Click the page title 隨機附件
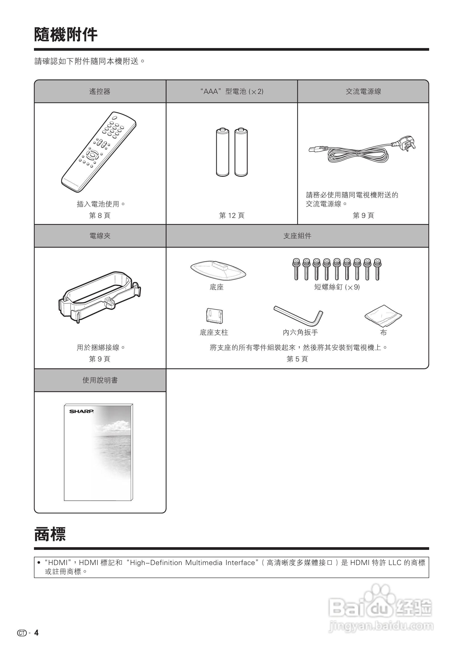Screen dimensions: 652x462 pyautogui.click(x=66, y=35)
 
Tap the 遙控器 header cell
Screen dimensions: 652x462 pyautogui.click(x=100, y=91)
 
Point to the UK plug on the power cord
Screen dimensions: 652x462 pyautogui.click(x=407, y=143)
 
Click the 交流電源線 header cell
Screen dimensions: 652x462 pyautogui.click(x=363, y=91)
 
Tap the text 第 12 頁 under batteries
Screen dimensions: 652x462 pyautogui.click(x=232, y=215)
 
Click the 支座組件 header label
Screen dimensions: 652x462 pyautogui.click(x=297, y=236)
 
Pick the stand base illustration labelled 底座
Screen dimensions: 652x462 pyautogui.click(x=218, y=270)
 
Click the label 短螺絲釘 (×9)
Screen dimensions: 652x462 pyautogui.click(x=337, y=287)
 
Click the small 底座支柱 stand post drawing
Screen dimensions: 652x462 pyautogui.click(x=214, y=316)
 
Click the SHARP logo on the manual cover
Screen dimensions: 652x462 pyautogui.click(x=81, y=411)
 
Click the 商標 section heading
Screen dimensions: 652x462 pyautogui.click(x=50, y=534)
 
